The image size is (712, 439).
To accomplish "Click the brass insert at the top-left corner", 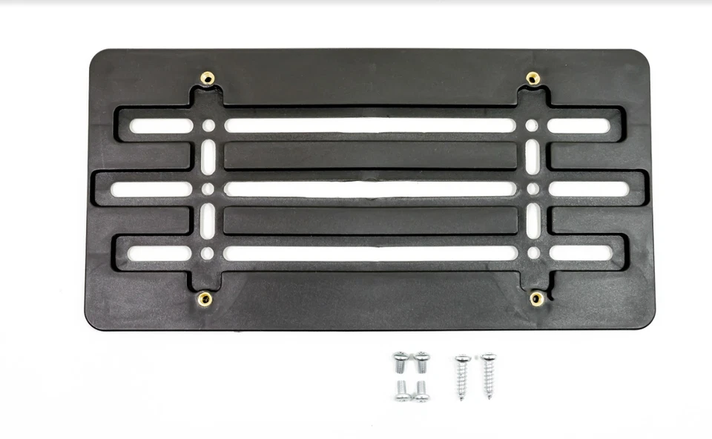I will [208, 78].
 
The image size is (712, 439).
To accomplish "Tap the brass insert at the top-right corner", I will [533, 78].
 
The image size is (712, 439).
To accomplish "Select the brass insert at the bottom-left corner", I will [205, 299].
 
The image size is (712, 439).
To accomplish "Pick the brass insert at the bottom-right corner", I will [536, 298].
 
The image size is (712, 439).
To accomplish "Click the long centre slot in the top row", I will [369, 125].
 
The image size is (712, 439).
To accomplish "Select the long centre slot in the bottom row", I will [369, 253].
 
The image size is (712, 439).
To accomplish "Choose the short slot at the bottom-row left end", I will [159, 253].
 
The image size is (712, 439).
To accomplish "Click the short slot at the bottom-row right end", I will [581, 253].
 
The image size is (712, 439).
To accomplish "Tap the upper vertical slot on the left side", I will [208, 157].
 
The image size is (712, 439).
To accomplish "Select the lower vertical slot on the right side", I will [533, 221].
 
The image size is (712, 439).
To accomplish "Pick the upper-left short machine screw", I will [400, 361].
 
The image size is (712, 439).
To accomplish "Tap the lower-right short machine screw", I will [421, 392].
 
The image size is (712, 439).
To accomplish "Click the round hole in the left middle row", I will [208, 189].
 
